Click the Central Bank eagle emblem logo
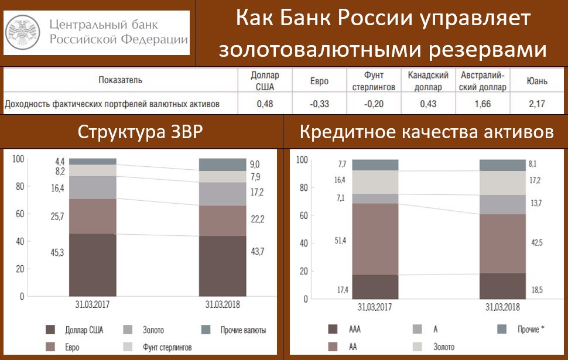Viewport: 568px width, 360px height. tap(23, 33)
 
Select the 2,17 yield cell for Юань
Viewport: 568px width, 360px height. tap(537, 104)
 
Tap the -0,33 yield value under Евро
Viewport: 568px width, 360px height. tap(319, 104)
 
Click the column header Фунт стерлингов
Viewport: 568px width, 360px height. tap(374, 81)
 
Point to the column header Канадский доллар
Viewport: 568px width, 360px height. tap(428, 81)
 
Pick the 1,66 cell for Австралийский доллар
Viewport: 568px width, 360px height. tap(483, 104)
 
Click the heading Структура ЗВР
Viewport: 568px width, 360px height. tap(140, 132)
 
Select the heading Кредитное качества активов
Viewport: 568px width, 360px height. tap(426, 132)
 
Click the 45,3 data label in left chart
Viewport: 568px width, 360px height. tap(57, 252)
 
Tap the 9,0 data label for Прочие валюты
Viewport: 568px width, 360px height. tap(255, 164)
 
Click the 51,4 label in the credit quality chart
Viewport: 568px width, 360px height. tap(340, 240)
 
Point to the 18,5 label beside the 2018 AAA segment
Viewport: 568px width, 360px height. tap(537, 290)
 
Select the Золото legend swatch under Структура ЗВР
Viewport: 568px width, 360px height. tap(128, 330)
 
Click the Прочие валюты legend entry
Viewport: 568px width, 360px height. tap(234, 330)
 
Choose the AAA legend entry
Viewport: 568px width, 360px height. tap(344, 329)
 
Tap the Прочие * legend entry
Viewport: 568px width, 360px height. tap(521, 329)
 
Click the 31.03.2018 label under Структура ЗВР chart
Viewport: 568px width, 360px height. tap(223, 304)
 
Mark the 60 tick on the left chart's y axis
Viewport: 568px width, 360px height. tap(20, 214)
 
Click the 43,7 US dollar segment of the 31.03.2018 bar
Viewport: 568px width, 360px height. tap(223, 266)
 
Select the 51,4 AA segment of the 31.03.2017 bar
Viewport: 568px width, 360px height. tap(375, 239)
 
